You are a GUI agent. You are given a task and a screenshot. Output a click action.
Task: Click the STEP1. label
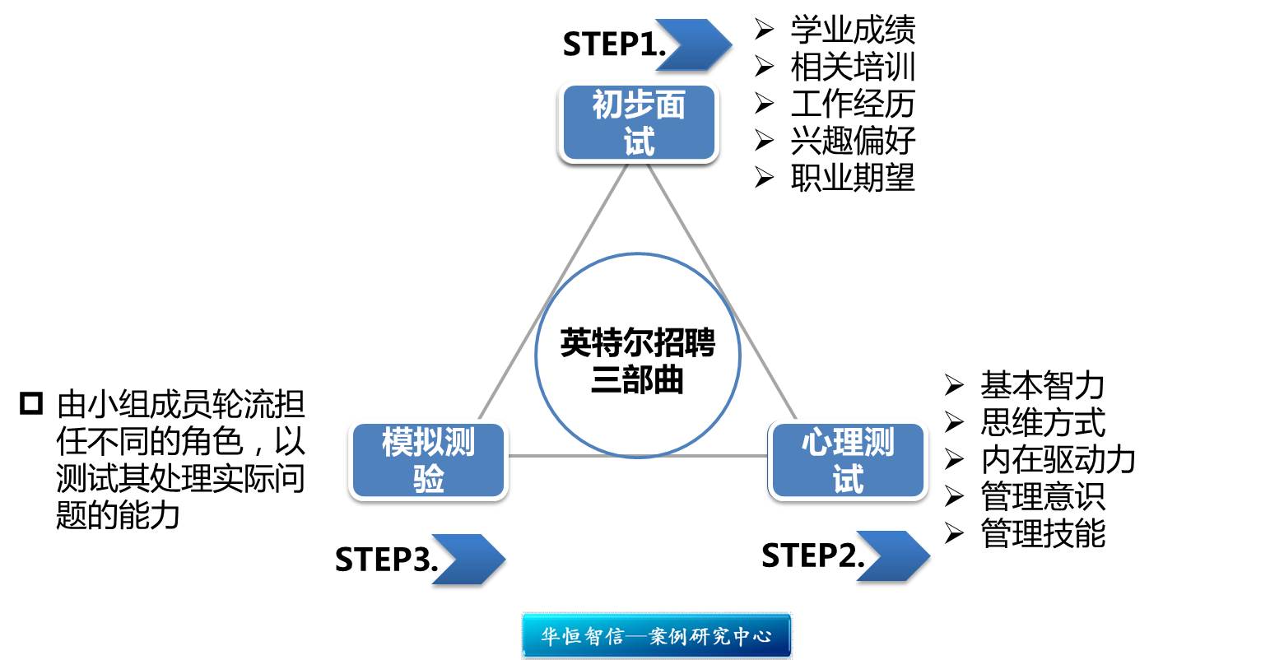point(613,44)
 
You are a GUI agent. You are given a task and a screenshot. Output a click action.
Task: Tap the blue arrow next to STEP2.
point(894,556)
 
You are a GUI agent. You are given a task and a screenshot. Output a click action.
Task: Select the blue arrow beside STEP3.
point(468,560)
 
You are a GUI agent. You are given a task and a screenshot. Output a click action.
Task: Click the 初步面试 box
point(639,123)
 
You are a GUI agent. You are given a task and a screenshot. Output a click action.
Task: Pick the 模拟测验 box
point(428,461)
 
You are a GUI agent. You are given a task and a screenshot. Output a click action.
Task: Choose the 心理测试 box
point(848,461)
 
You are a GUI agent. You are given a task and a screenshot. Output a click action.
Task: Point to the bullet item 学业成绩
point(853,30)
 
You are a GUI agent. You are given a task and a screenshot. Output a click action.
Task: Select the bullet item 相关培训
point(853,67)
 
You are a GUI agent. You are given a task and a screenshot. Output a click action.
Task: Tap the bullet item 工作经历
point(853,104)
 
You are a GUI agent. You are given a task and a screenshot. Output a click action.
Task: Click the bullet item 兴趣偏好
point(853,141)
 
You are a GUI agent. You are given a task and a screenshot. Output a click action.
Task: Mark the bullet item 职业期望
point(853,178)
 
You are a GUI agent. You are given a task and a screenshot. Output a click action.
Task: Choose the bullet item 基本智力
point(1042,385)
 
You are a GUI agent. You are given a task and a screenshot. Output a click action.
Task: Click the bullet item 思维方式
point(1042,422)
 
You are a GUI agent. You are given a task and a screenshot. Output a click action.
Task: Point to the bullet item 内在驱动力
point(1058,459)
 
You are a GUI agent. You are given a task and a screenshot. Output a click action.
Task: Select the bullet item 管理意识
point(1042,496)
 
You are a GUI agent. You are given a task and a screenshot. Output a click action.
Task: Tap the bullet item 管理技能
point(1042,533)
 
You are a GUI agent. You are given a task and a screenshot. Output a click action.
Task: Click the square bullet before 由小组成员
point(31,404)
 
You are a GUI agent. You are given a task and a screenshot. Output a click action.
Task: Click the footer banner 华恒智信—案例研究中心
point(657,636)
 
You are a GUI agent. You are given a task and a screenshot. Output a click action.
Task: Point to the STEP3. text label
point(385,560)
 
